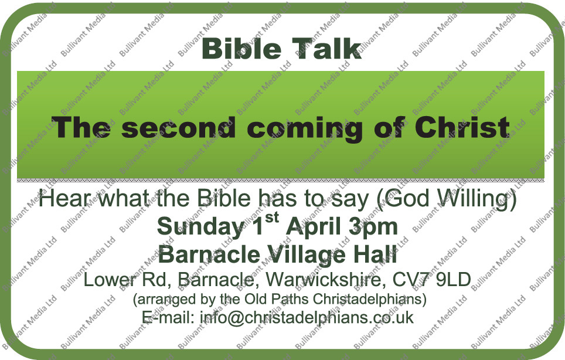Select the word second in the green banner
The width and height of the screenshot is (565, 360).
pyautogui.click(x=178, y=128)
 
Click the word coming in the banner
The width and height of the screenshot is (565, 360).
pyautogui.click(x=305, y=129)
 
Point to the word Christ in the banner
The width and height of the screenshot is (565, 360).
pyautogui.click(x=462, y=128)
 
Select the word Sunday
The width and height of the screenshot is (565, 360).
pyautogui.click(x=200, y=227)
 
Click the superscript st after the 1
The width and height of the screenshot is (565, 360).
pyautogui.click(x=272, y=218)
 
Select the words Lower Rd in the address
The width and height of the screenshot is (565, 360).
pyautogui.click(x=127, y=279)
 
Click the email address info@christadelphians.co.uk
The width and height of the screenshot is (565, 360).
pyautogui.click(x=307, y=317)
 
